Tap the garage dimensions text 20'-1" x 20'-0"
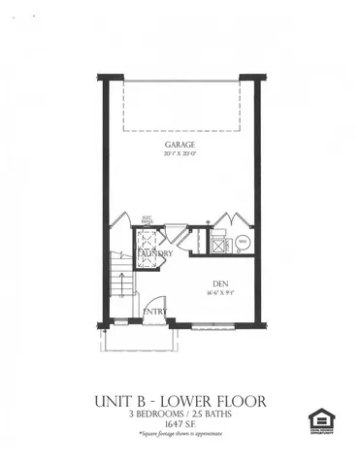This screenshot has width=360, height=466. tap(180, 153)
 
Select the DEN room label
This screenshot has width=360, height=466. tap(219, 283)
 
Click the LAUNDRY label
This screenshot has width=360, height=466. tap(155, 254)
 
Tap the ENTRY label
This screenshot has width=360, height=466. tap(155, 312)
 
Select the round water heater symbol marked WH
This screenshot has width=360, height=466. tap(243, 240)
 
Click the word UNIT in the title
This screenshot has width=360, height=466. tap(115, 399)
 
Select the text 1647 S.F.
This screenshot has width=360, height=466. tap(180, 424)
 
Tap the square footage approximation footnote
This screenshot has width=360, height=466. tap(180, 436)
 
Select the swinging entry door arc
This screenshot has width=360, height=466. tap(144, 303)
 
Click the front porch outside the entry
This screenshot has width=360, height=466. tap(138, 339)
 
